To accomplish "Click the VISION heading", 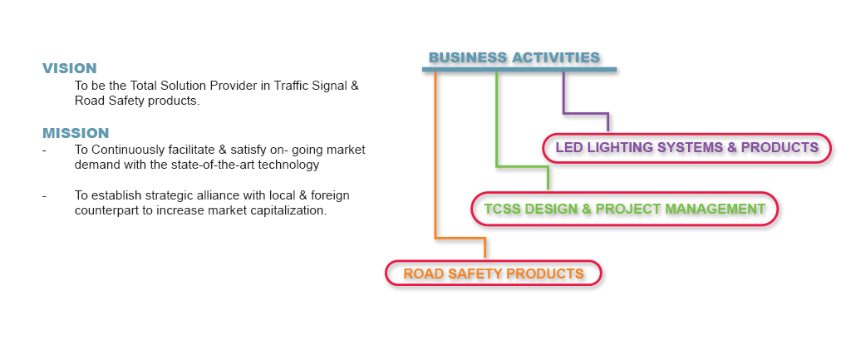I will pos(70,69).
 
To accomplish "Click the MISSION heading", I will pos(76,133).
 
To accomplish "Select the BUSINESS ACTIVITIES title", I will pos(514,57).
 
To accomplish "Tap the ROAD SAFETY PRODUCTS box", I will pos(493,274).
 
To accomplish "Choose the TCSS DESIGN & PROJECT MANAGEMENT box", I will pos(624,209).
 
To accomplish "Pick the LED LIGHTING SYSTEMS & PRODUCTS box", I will pos(686,148).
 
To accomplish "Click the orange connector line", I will pos(435,166).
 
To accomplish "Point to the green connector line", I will pos(497,125).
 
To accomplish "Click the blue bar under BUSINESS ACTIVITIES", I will pos(519,70).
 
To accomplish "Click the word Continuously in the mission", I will pos(127,150).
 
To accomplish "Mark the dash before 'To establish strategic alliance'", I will pos(44,196).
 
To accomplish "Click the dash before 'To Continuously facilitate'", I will pos(44,150).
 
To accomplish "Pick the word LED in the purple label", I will pos(569,148).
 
